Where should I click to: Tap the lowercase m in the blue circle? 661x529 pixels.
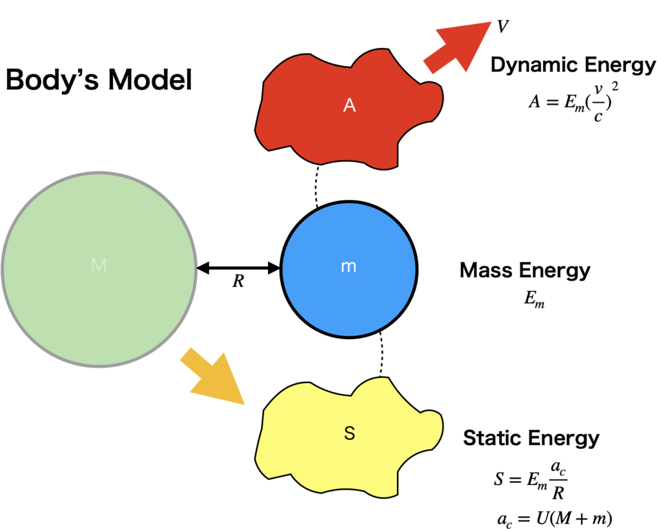[x=349, y=267]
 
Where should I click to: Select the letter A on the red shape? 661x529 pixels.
[x=349, y=105]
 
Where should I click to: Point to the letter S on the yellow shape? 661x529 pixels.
[x=349, y=433]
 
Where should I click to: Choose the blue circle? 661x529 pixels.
[x=349, y=297]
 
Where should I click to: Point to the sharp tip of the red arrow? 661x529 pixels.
[x=491, y=23]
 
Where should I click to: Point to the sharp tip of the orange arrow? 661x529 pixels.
[x=245, y=405]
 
